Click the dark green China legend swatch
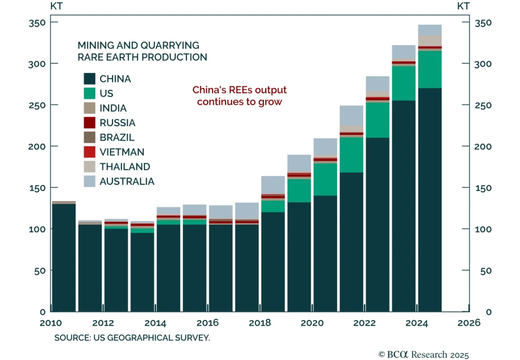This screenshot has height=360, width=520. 89,79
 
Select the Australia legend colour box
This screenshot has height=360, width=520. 89,181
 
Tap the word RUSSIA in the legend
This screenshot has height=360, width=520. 117,123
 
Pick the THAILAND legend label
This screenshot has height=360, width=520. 125,167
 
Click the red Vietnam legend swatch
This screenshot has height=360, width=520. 89,152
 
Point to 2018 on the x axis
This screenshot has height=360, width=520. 260,323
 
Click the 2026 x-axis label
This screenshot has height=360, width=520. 469,323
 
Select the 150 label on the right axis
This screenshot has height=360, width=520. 483,188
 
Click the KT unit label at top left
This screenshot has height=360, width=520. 56,6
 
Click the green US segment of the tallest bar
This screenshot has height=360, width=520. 430,69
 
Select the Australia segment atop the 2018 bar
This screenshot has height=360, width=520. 273,185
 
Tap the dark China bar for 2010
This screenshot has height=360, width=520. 64,257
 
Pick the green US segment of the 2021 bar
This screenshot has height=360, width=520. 351,155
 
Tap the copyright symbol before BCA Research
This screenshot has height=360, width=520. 382,354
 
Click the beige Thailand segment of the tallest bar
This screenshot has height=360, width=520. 430,41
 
